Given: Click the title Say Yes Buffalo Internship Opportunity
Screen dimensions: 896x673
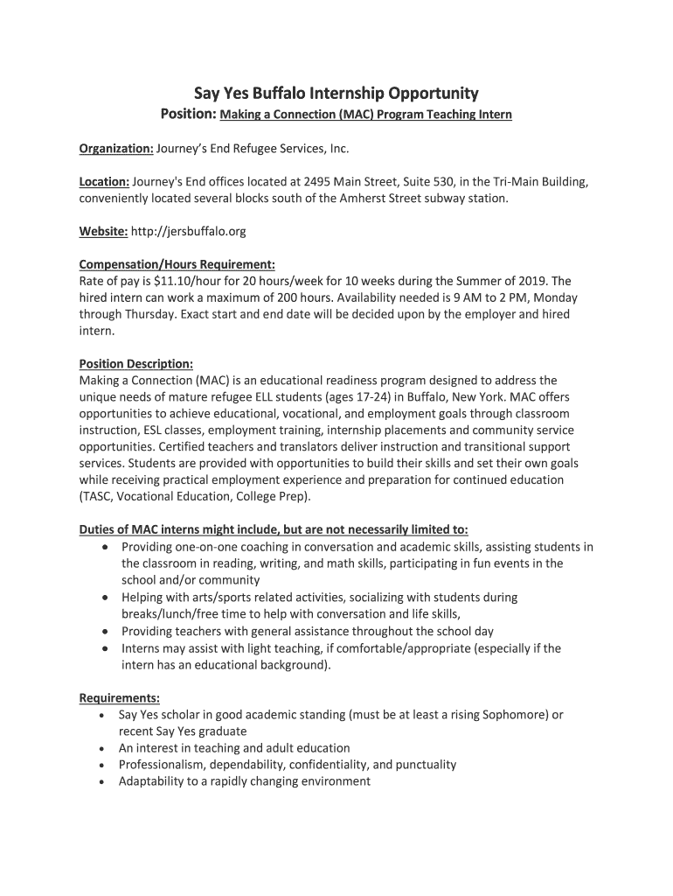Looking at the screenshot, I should [x=336, y=93].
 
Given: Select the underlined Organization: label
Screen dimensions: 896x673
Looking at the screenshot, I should [x=116, y=149].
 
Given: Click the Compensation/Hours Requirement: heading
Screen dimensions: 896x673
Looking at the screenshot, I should [x=177, y=264].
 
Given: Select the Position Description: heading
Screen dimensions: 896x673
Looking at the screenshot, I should [x=135, y=363].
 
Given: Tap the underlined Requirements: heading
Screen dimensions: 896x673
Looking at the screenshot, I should [x=120, y=697].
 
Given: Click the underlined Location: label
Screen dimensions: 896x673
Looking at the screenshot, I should [x=104, y=182].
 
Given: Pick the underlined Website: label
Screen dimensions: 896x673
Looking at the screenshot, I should [x=104, y=231].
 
